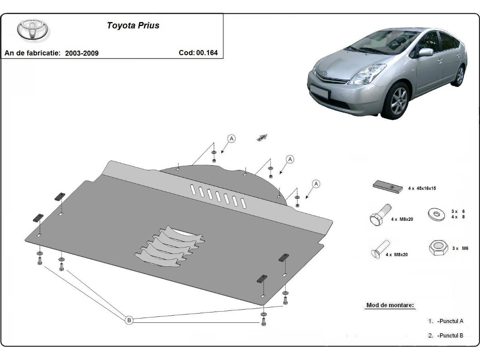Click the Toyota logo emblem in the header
click(x=32, y=30)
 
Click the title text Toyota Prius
click(x=133, y=26)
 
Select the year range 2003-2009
click(x=82, y=53)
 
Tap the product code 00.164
click(x=207, y=52)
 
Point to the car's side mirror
click(x=426, y=52)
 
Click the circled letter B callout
click(x=129, y=320)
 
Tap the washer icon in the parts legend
click(x=436, y=214)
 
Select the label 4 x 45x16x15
click(x=422, y=188)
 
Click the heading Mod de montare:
click(x=390, y=305)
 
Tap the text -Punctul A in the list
click(x=450, y=321)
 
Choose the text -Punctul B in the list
click(x=450, y=336)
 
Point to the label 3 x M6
click(x=460, y=248)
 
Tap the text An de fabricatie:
click(x=32, y=53)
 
